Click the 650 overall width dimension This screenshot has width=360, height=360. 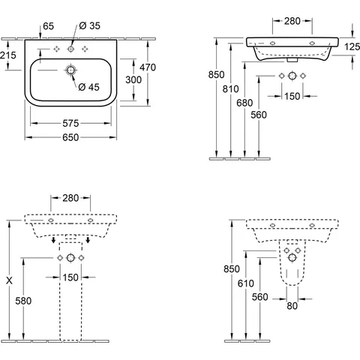click(x=70, y=137)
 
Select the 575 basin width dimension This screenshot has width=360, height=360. click(x=70, y=123)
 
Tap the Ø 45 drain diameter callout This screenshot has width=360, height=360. click(x=88, y=87)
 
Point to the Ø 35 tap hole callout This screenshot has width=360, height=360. click(x=90, y=25)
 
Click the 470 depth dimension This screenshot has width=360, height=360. click(x=148, y=67)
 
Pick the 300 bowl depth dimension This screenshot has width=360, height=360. click(x=133, y=79)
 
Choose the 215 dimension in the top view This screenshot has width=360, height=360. click(x=7, y=55)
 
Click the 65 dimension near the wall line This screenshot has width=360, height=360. click(x=48, y=26)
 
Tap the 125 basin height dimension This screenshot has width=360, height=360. click(x=352, y=46)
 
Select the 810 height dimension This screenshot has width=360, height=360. click(x=230, y=88)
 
